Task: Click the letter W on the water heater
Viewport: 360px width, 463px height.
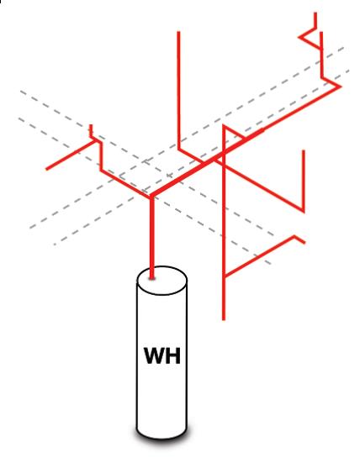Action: pyautogui.click(x=155, y=355)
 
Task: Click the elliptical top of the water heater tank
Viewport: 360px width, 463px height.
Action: pyautogui.click(x=161, y=281)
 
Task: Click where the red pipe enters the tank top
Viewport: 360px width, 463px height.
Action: pyautogui.click(x=152, y=277)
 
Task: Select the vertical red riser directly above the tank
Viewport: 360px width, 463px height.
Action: pyautogui.click(x=152, y=237)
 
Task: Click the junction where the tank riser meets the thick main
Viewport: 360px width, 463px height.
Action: pyautogui.click(x=151, y=196)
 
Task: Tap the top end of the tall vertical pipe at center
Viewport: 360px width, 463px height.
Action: pyautogui.click(x=178, y=32)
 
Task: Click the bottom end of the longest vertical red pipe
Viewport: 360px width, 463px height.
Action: pyautogui.click(x=224, y=319)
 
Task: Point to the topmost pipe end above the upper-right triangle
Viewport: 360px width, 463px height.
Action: pyautogui.click(x=315, y=13)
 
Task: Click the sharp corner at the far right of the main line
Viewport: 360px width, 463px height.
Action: pyautogui.click(x=341, y=87)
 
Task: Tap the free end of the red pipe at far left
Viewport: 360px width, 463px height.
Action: pyautogui.click(x=46, y=169)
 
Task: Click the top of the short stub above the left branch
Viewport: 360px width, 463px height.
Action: pyautogui.click(x=91, y=126)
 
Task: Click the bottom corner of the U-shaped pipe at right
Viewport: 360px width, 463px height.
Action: pyautogui.click(x=304, y=211)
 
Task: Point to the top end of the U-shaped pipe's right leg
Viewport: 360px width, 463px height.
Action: pyautogui.click(x=304, y=151)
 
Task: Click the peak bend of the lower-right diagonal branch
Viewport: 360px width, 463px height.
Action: pyautogui.click(x=294, y=236)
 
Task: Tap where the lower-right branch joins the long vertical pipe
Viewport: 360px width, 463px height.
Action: pyautogui.click(x=224, y=276)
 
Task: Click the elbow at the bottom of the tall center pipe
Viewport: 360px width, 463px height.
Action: pyautogui.click(x=179, y=149)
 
